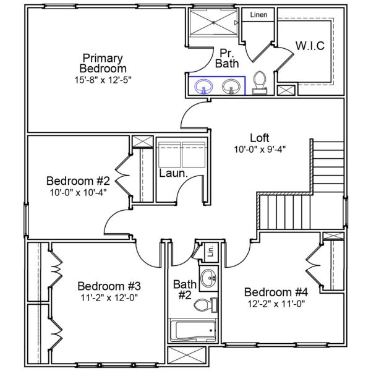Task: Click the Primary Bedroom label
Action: [x=103, y=63]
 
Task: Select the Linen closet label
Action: [x=259, y=15]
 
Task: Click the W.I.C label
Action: [x=310, y=46]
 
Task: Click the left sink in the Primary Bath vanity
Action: [x=202, y=87]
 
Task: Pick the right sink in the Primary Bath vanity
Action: [x=231, y=87]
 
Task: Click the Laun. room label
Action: [x=173, y=174]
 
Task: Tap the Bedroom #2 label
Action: [x=78, y=181]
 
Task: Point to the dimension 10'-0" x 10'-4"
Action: [x=78, y=192]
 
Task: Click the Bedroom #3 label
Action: [x=109, y=286]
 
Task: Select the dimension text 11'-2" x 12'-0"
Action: [x=109, y=297]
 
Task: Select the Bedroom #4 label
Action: [x=276, y=292]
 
